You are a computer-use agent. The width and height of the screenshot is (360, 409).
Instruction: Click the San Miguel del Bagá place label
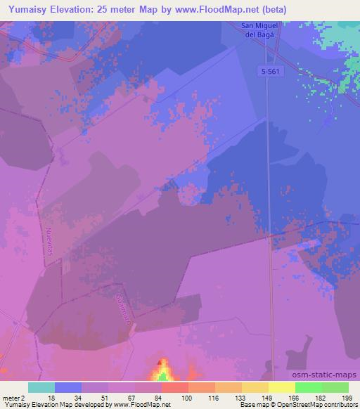259,32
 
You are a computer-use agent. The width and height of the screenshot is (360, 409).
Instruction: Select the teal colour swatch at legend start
41,387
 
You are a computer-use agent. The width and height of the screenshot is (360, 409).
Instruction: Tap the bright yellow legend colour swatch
282,387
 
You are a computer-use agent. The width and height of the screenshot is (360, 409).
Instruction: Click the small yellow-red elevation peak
162,371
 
